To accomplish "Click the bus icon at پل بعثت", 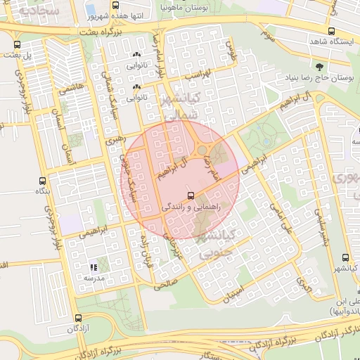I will (18, 44).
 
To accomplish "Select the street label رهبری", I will (113, 141).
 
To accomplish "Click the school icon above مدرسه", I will (94, 266).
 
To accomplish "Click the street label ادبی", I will (302, 285).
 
